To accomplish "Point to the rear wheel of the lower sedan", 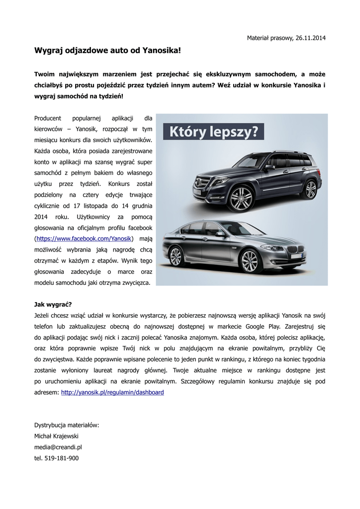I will tap(176, 256).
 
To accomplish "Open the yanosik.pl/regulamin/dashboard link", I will tap(112, 392).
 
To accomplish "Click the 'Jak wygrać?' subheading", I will tap(53, 304).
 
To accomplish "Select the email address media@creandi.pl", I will tap(58, 447).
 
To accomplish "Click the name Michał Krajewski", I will tap(56, 436).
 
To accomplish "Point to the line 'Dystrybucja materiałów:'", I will tap(67, 425).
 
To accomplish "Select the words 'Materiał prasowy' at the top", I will tap(269, 38).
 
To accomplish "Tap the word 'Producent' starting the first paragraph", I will tap(48, 118).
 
